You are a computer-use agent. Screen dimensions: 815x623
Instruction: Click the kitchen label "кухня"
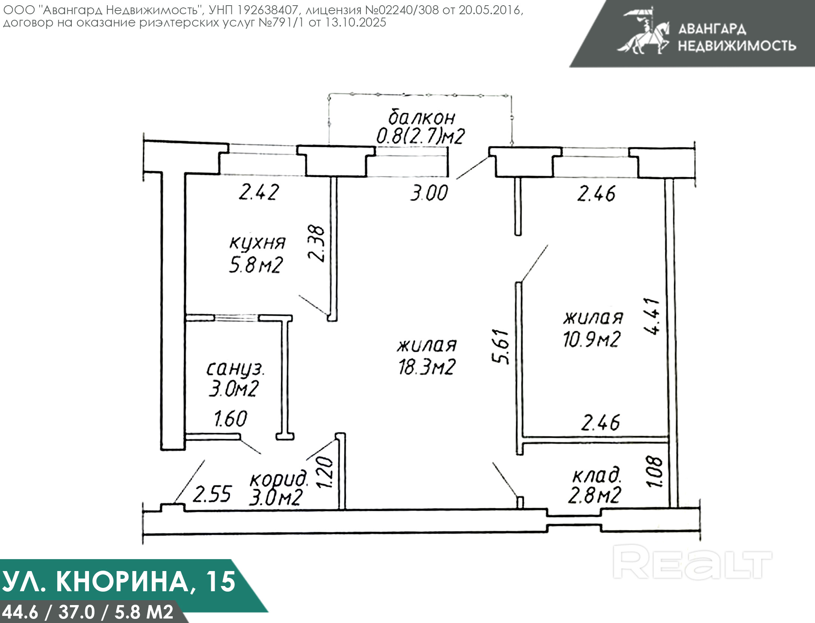[257, 243]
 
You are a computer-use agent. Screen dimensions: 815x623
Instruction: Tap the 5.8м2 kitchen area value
[256, 265]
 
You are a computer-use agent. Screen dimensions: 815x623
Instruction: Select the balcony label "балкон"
[422, 117]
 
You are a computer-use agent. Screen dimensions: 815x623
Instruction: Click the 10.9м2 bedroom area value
[592, 339]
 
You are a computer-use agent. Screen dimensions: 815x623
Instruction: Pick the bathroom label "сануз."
[236, 369]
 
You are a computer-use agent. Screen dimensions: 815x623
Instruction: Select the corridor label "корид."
[280, 479]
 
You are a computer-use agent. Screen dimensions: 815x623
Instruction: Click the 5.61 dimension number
[501, 346]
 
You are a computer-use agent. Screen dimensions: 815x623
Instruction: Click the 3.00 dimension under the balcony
[429, 194]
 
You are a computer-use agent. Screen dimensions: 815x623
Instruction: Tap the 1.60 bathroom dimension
[231, 419]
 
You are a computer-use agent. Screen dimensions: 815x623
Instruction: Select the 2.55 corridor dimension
[212, 494]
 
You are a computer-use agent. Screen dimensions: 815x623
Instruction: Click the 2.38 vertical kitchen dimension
[316, 243]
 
